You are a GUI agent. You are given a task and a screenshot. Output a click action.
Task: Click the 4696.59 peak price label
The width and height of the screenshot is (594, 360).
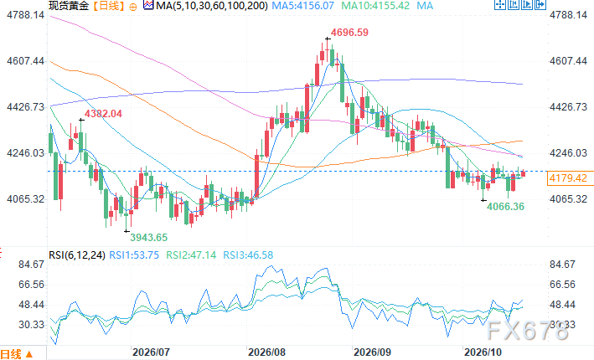(349, 32)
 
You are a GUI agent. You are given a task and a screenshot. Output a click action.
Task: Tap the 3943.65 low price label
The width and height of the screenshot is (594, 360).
(148, 238)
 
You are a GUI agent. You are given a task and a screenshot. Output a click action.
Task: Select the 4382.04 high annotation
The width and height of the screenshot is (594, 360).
(103, 114)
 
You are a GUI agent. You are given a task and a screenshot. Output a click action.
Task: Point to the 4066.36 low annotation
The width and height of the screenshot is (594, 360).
(505, 206)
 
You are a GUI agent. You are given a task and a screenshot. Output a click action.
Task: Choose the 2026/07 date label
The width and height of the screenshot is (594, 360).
(151, 352)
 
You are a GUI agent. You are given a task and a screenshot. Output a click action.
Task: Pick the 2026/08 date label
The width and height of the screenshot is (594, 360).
(266, 352)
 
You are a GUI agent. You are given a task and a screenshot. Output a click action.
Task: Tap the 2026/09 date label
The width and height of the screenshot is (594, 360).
(372, 352)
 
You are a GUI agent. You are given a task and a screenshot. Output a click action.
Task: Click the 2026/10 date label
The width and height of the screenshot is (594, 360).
(483, 352)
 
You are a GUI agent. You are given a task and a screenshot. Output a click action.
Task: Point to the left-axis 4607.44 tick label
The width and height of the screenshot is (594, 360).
(25, 61)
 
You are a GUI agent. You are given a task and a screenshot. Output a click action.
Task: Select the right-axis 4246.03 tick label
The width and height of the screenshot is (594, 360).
(568, 153)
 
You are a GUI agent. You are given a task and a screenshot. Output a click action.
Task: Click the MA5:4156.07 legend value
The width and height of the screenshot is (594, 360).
(303, 6)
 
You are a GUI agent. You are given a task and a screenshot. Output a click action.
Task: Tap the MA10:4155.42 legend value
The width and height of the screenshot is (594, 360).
(375, 6)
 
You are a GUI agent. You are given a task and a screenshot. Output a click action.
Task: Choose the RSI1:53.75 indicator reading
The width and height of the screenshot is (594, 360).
(134, 255)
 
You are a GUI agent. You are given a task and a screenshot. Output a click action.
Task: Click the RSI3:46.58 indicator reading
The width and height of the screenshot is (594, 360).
(248, 255)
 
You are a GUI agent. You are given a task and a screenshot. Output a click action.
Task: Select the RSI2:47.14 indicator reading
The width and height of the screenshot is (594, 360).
(191, 255)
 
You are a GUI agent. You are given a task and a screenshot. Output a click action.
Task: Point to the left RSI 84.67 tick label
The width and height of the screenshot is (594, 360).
(32, 265)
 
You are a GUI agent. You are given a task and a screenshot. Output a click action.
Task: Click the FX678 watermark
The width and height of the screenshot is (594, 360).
(527, 331)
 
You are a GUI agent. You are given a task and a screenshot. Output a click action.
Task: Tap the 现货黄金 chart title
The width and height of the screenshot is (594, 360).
(69, 6)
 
